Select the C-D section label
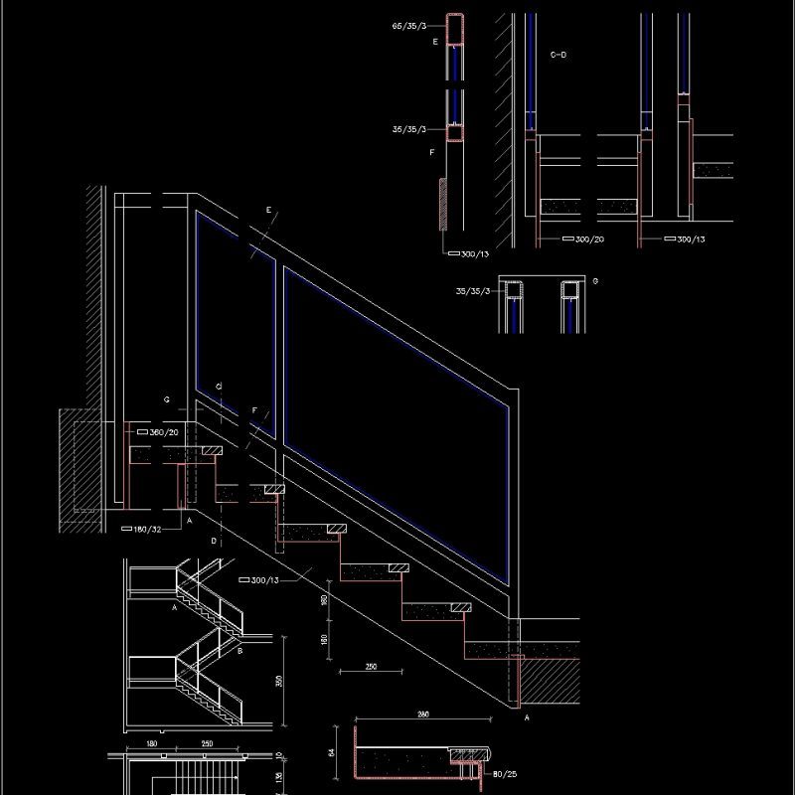tap(557, 55)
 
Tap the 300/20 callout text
tap(589, 239)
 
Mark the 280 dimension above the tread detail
tap(422, 715)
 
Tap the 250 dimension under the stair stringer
tap(370, 667)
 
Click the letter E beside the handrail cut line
tap(268, 210)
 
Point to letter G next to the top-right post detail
tap(594, 281)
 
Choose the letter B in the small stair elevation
tap(240, 651)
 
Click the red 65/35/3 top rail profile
tap(454, 30)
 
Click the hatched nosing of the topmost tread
tap(211, 450)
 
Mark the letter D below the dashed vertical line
tap(213, 542)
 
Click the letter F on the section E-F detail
tap(432, 153)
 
